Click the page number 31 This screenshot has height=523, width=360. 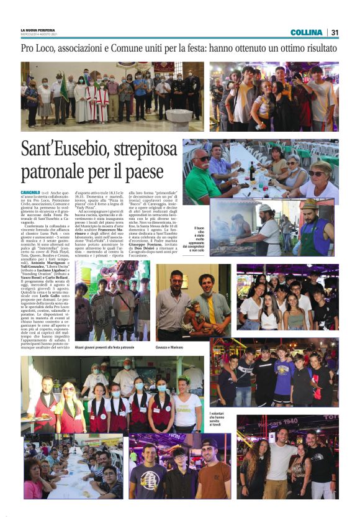(x=335, y=32)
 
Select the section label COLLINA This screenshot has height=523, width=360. (x=306, y=32)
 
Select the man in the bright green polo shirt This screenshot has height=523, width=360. (x=202, y=180)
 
